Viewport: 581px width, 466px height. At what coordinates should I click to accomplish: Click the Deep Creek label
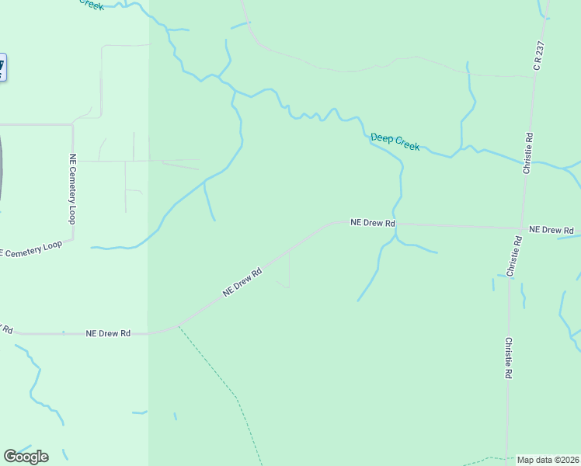point(395,141)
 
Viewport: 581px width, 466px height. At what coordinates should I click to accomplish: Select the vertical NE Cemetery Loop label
point(72,190)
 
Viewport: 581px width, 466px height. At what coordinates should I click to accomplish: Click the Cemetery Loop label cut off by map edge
point(31,249)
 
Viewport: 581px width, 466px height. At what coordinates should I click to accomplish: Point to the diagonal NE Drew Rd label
point(243,281)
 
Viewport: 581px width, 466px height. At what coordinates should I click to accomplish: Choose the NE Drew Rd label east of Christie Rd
point(551,230)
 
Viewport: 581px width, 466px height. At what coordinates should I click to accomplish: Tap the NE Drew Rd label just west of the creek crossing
point(373,222)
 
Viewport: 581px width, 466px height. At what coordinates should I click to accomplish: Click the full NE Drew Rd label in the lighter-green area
point(107,333)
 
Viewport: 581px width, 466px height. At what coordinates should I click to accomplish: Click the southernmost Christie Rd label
point(508,357)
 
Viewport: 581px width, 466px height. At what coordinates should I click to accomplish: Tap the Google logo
point(26,456)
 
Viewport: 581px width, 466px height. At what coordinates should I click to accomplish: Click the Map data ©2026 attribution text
point(548,460)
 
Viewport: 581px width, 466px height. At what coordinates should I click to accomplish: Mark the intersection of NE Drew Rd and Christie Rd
point(520,228)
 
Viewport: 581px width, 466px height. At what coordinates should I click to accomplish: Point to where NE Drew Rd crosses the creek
point(396,224)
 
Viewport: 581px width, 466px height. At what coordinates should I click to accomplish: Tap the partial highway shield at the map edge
point(2,67)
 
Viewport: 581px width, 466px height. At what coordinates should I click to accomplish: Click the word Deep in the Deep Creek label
point(381,138)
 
